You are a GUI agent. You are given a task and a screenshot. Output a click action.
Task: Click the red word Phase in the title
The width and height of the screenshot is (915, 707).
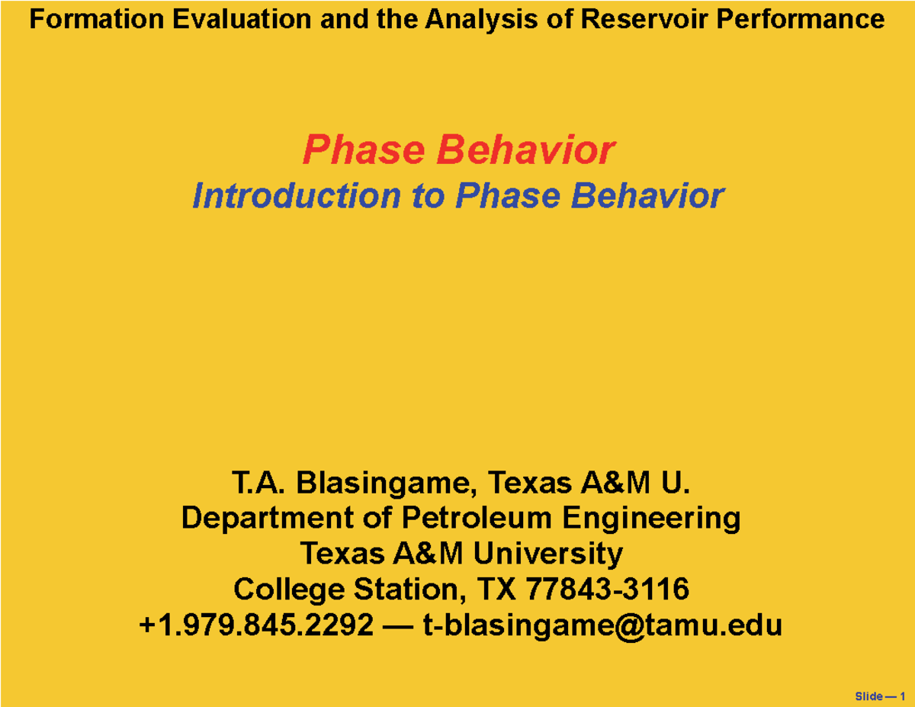(x=364, y=149)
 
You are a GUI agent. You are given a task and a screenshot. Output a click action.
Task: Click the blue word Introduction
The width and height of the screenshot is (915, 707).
(x=296, y=196)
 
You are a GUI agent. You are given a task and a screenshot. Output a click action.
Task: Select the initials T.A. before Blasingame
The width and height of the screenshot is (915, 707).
(x=258, y=483)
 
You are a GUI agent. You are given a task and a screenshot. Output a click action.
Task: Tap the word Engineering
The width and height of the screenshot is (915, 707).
(x=652, y=519)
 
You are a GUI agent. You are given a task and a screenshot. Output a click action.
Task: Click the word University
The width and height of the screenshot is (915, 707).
(x=547, y=553)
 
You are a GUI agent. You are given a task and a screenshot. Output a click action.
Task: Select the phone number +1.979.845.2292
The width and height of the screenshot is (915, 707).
(x=255, y=625)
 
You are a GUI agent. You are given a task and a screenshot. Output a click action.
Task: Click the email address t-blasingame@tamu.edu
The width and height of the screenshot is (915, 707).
(x=602, y=625)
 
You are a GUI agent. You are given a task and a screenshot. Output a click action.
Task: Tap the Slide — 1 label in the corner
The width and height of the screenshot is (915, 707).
(x=880, y=696)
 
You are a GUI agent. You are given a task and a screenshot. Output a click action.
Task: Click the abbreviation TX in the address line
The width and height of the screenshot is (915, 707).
(x=494, y=589)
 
